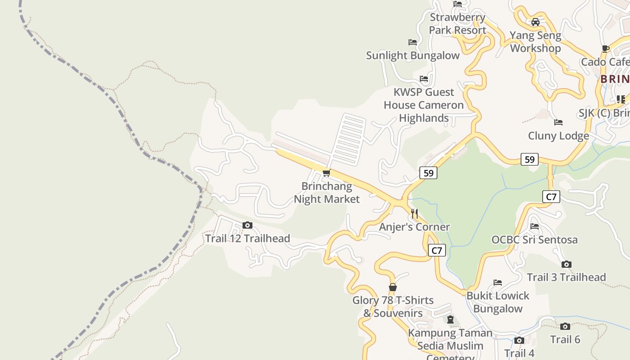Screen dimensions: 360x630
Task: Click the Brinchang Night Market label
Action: click(327, 193)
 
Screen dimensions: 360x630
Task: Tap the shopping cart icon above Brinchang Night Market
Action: click(327, 173)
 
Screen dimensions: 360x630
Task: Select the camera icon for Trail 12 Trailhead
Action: click(247, 225)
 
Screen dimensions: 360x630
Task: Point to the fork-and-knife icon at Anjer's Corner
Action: click(414, 214)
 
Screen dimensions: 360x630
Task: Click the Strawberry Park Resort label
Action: click(457, 24)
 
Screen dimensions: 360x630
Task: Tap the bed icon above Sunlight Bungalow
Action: click(412, 42)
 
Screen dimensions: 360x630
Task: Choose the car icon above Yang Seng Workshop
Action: click(535, 22)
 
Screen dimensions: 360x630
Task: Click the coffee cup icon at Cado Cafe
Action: click(605, 49)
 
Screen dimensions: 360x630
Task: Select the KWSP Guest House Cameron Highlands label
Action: click(423, 105)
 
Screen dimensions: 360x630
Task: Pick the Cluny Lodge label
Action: click(558, 135)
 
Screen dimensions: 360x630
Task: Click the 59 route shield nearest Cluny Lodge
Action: click(529, 159)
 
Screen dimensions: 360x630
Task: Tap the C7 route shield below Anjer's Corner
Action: click(436, 250)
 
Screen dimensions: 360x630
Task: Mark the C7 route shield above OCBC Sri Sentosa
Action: click(551, 197)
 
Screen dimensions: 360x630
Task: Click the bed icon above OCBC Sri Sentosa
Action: click(534, 226)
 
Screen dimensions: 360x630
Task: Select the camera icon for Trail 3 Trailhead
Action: click(566, 264)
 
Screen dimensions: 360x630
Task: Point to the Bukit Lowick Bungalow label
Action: click(498, 302)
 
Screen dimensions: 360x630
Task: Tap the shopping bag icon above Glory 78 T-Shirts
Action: click(393, 287)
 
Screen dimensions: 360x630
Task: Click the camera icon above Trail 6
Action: click(565, 326)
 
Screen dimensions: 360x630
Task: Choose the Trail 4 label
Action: click(519, 353)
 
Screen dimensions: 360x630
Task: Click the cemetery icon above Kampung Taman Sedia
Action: click(450, 319)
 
